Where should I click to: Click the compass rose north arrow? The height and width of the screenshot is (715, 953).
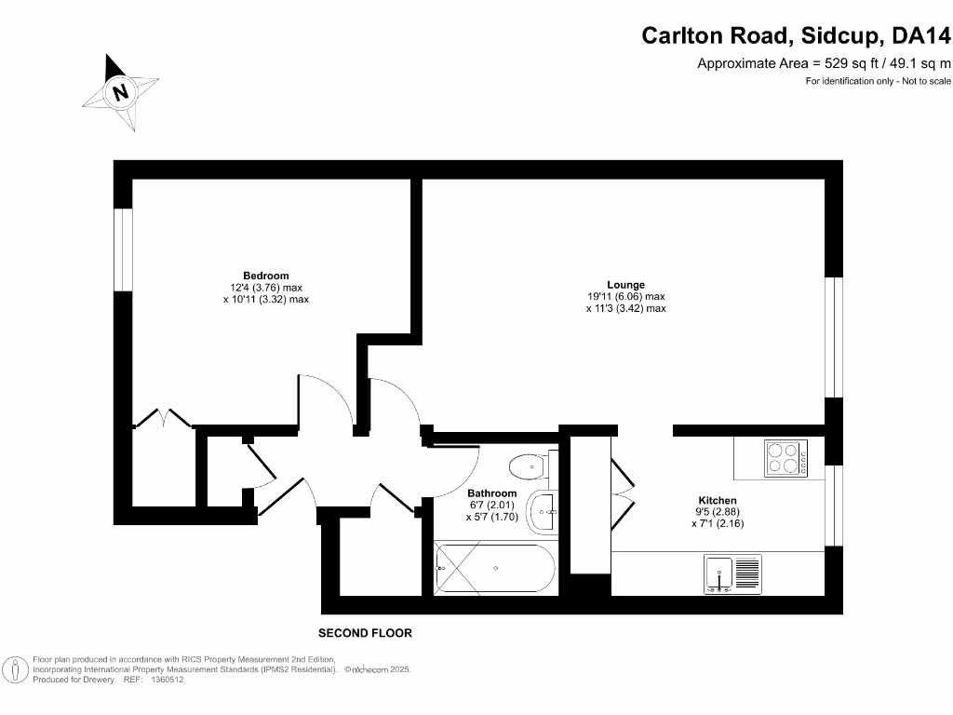[120, 91]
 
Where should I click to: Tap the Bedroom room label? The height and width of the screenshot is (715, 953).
[266, 276]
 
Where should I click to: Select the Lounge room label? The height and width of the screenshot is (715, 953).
[625, 285]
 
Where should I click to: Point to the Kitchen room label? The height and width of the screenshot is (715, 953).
[718, 500]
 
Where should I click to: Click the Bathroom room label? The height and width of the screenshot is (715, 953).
[491, 493]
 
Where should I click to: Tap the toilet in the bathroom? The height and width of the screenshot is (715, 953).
[533, 464]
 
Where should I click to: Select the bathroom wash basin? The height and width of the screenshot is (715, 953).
[543, 509]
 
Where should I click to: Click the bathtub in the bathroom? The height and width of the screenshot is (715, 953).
[495, 567]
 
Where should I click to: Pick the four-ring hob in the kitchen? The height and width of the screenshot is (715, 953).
[786, 457]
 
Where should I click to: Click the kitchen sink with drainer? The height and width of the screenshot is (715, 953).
[733, 573]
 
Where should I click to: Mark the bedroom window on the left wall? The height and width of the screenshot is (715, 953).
[123, 249]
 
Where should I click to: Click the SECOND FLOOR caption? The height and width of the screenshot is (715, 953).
[365, 633]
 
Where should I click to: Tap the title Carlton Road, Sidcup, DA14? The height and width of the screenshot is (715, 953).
[797, 36]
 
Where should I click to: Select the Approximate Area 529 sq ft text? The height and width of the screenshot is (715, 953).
[824, 64]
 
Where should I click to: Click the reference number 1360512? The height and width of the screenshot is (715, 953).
[167, 681]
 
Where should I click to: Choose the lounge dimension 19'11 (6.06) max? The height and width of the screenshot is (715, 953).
[625, 297]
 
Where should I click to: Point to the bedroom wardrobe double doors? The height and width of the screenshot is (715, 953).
[164, 419]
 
